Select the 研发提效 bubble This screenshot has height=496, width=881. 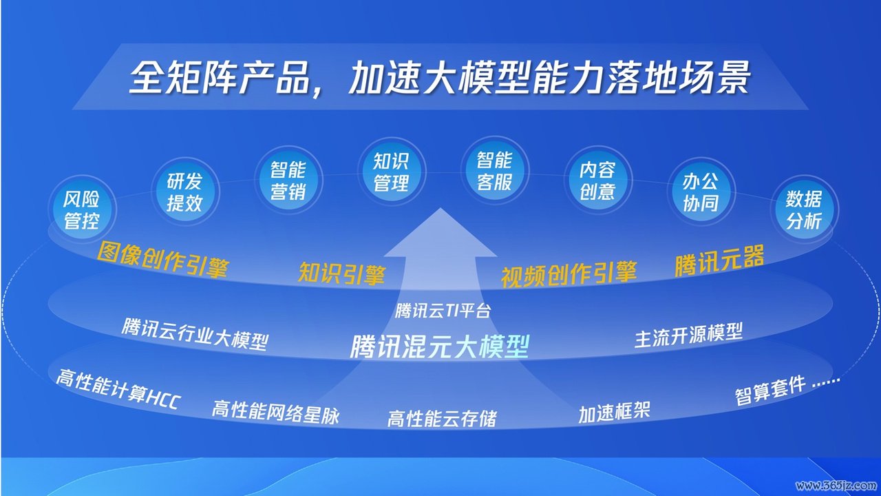point(185,192)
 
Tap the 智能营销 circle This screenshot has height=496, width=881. point(288,180)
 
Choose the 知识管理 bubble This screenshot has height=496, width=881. point(392,172)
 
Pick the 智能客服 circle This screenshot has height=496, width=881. point(495,170)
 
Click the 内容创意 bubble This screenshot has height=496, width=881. point(598,180)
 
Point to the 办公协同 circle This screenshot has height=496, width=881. point(701,192)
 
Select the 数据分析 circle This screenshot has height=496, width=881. point(805,209)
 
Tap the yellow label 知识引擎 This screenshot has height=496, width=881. point(341,273)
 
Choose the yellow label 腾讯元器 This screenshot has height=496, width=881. point(720,260)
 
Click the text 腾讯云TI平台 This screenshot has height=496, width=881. point(443,311)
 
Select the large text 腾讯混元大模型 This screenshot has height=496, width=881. point(440,347)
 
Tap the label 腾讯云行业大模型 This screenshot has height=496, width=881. point(195,334)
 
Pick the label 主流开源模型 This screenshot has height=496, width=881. point(689,335)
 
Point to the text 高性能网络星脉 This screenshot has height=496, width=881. point(275,412)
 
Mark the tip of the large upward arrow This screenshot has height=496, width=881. point(440,208)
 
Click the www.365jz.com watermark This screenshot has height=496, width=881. point(838,485)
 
